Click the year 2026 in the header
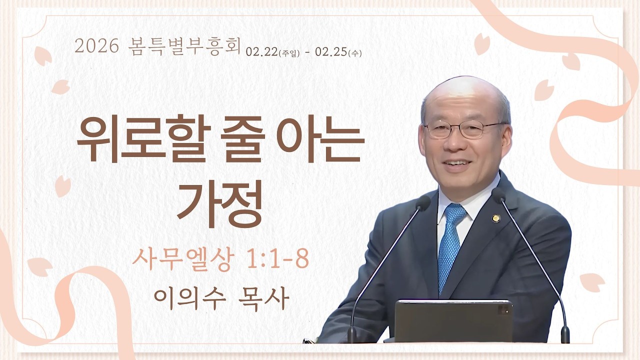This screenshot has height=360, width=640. tap(96, 47)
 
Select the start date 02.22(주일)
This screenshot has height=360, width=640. tap(272, 52)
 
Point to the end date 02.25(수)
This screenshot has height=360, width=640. tap(338, 52)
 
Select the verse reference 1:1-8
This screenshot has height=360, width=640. tap(277, 260)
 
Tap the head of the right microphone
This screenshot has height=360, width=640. tap(498, 194)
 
